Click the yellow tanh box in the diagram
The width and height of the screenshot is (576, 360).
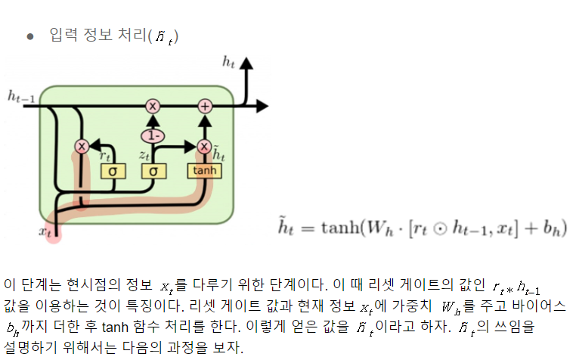tap(204, 171)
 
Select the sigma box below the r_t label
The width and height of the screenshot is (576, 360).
tap(111, 171)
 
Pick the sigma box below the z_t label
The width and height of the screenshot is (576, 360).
tap(153, 171)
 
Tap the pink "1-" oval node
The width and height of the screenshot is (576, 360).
tap(153, 135)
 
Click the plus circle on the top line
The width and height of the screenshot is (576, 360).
tap(204, 106)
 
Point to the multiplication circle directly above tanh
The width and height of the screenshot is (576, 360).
tap(203, 147)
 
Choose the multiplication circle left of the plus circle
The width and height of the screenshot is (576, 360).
tap(153, 106)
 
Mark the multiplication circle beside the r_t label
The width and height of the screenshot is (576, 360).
tap(83, 147)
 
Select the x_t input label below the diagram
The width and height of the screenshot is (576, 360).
tap(45, 231)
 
